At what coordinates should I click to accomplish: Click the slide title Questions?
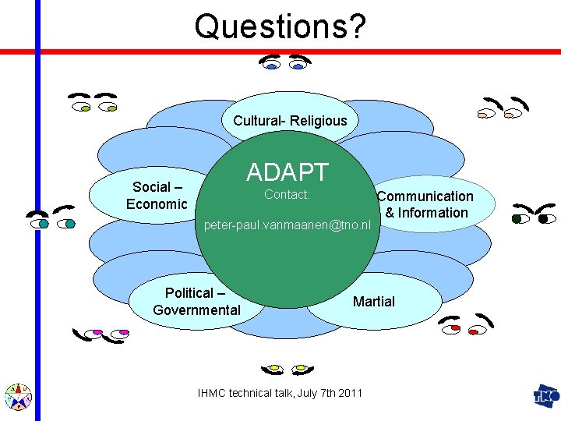[280, 26]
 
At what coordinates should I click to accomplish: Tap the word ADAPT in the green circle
[288, 172]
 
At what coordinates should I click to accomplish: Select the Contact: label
[288, 194]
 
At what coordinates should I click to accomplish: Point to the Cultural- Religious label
[290, 121]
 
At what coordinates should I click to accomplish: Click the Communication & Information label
[426, 204]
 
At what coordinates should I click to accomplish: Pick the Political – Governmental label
[196, 302]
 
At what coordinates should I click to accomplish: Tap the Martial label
[374, 302]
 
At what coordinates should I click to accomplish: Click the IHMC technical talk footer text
[280, 393]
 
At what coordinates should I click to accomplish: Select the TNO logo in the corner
[545, 395]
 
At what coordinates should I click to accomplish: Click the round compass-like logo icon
[17, 397]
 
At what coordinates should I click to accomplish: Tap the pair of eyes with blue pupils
[284, 63]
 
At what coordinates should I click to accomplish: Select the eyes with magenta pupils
[97, 333]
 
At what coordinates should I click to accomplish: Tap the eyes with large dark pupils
[533, 214]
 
